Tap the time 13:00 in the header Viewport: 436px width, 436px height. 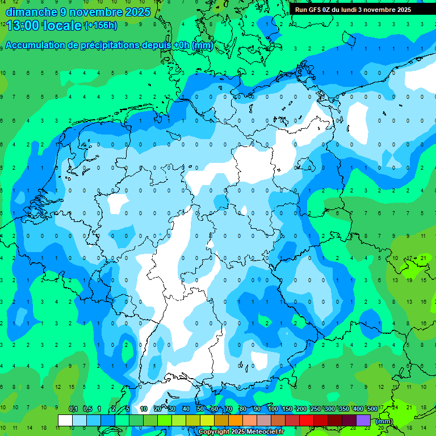point(23,25)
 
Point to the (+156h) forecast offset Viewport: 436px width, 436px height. point(101,25)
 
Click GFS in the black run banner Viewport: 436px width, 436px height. point(314,10)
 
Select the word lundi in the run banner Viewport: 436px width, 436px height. point(347,10)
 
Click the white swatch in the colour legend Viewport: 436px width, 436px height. point(65,420)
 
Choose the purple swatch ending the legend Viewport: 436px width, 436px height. point(363,420)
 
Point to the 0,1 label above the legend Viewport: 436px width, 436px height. point(73,409)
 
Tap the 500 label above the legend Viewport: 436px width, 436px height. point(372,409)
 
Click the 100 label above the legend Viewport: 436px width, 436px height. point(273,409)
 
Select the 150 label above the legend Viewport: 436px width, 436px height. point(287,409)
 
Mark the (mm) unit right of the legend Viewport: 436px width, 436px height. point(384,421)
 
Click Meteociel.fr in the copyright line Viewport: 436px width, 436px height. point(261,431)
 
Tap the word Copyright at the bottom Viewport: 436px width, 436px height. point(214,431)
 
